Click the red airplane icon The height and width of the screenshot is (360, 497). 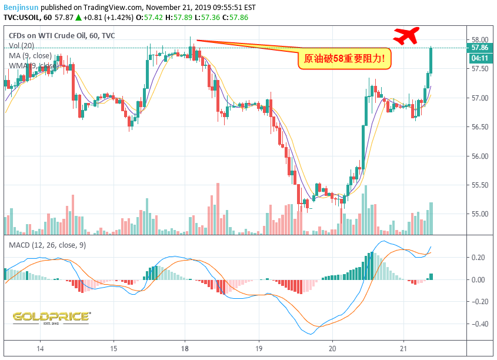[x=405, y=36]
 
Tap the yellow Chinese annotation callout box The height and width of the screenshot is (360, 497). [x=344, y=58]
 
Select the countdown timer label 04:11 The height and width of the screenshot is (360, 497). [x=478, y=58]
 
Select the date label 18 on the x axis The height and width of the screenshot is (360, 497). [x=185, y=348]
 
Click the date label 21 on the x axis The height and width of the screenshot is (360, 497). [x=405, y=348]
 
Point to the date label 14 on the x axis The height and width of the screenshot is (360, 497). [x=40, y=348]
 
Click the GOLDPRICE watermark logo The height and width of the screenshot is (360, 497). [x=51, y=317]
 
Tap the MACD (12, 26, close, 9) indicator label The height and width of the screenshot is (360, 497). [x=47, y=245]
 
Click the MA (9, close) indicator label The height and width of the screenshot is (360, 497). [x=30, y=56]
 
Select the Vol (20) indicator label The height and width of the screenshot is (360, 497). [x=22, y=46]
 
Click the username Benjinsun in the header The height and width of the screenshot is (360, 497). [x=22, y=7]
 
